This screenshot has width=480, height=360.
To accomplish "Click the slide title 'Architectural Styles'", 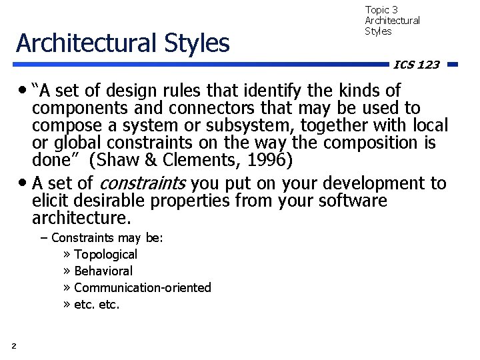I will (x=123, y=43).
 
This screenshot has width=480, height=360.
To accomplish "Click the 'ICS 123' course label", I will (x=416, y=65).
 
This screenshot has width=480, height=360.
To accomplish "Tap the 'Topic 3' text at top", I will (x=381, y=10).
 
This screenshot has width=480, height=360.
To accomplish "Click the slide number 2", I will (x=14, y=345).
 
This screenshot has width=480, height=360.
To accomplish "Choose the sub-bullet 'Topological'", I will (x=105, y=254).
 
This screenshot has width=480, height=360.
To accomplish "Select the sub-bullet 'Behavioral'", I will (x=103, y=271).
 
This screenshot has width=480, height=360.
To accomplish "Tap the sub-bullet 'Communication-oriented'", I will (x=143, y=287).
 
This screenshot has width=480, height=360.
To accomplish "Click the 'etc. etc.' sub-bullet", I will (x=97, y=305).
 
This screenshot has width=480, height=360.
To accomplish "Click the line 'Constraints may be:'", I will (x=107, y=237).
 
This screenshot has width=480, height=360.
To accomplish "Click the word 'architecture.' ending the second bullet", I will (x=82, y=218).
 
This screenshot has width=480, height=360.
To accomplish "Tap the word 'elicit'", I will (x=49, y=201).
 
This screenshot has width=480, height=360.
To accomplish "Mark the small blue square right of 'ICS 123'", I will (x=451, y=65).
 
